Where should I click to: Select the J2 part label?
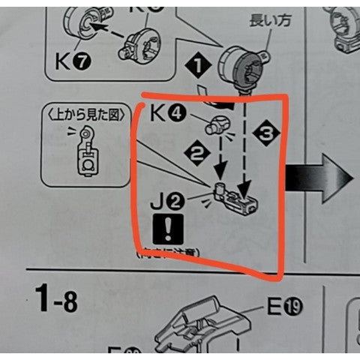coord(167,201)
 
